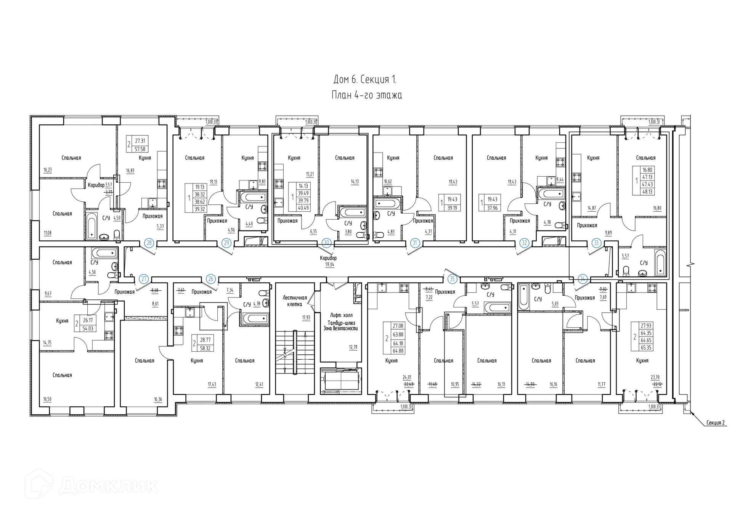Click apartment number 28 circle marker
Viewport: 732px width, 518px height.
tap(149, 243)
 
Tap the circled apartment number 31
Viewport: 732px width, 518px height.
tap(414, 243)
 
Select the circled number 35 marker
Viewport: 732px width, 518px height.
tap(452, 279)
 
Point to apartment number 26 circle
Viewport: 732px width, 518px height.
tap(211, 279)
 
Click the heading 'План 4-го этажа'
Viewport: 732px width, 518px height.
tap(366, 95)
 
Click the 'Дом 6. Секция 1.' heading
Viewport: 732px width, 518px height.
tap(365, 79)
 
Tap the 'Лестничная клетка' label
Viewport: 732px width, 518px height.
tap(294, 301)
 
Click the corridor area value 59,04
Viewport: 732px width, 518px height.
tap(329, 264)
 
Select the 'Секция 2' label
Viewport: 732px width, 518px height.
tap(715, 423)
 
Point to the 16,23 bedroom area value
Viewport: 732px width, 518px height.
tap(47, 170)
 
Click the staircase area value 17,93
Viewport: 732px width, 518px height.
tap(306, 317)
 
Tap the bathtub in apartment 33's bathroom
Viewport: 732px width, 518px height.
tap(660, 262)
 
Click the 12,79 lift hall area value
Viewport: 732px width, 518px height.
tap(353, 347)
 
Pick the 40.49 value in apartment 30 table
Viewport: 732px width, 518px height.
tap(303, 208)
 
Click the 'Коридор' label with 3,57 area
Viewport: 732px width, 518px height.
tap(96, 185)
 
